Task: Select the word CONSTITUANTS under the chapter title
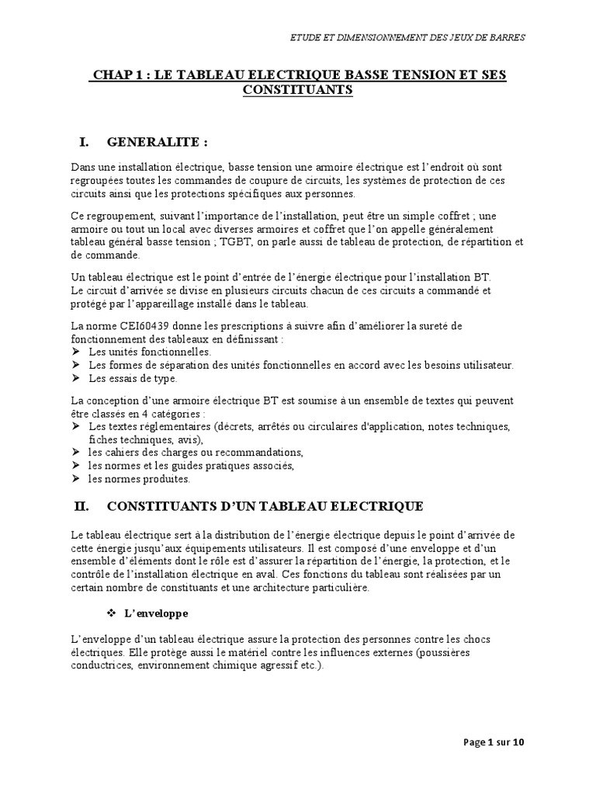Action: coord(297,90)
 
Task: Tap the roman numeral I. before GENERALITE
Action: coord(87,142)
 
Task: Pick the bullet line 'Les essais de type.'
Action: coord(133,379)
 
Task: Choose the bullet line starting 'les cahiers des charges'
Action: coord(195,453)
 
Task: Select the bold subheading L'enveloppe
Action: coord(155,613)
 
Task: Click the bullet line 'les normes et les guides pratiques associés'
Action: coord(191,466)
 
